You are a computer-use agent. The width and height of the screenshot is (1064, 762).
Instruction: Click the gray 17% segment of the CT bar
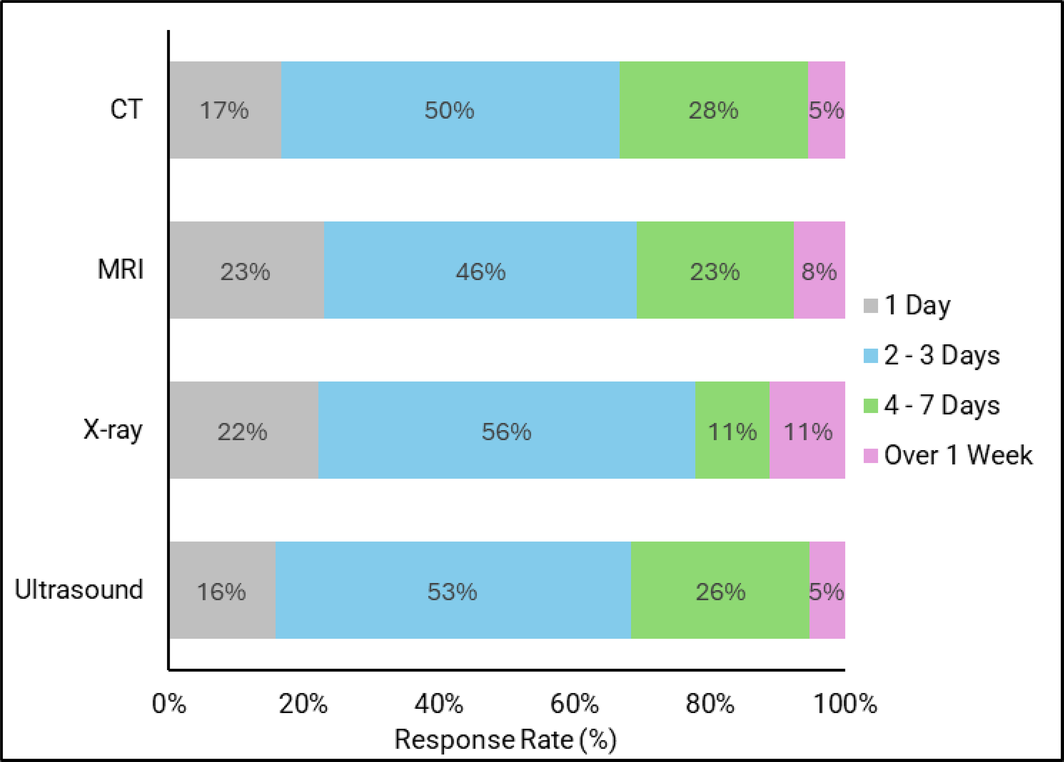(x=225, y=110)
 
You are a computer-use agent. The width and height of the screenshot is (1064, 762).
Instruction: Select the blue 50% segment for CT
(x=450, y=110)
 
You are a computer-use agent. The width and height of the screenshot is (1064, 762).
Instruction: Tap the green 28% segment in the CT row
(x=713, y=110)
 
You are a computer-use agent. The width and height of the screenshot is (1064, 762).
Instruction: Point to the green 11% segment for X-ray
(x=732, y=430)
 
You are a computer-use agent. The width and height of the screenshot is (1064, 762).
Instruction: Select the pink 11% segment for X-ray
(x=807, y=430)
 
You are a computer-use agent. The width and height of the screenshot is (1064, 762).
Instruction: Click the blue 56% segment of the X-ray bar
(x=506, y=430)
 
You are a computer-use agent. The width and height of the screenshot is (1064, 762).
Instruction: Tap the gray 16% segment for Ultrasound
(x=222, y=590)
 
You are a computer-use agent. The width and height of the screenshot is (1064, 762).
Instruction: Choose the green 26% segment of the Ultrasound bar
(x=720, y=590)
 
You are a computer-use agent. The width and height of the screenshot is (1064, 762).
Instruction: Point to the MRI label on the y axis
(x=121, y=270)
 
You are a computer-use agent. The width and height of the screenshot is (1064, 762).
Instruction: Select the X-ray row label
(x=113, y=430)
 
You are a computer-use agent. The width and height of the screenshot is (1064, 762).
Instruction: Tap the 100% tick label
(x=845, y=704)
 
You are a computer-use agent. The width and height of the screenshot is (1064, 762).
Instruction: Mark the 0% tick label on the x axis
(x=169, y=704)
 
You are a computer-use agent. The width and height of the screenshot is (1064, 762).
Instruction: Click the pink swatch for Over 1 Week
(x=870, y=456)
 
